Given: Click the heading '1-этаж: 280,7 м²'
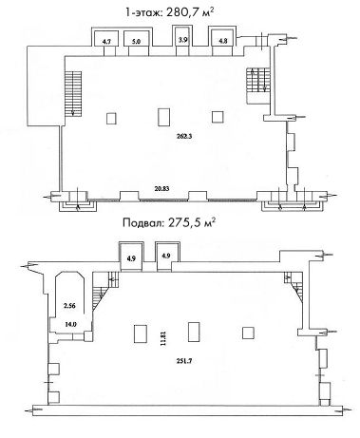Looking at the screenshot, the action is (x=170, y=12).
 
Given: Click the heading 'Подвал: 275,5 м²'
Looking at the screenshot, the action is (x=169, y=222).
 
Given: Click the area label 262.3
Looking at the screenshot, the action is (x=184, y=137).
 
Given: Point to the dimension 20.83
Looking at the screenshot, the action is (x=161, y=188).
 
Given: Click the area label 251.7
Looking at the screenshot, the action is (x=184, y=361).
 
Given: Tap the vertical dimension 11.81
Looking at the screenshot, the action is (x=163, y=338).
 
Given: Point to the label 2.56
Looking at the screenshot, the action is (x=69, y=306).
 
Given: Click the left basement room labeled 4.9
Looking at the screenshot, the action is (x=131, y=257).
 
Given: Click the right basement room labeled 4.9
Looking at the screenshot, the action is (x=166, y=256).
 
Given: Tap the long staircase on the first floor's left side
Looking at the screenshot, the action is (x=73, y=94).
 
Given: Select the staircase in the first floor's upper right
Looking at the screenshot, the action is (x=258, y=81).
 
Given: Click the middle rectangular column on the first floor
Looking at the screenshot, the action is (x=163, y=117).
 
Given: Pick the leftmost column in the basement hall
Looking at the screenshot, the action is (x=141, y=333).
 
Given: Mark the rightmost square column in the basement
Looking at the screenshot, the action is (x=248, y=333).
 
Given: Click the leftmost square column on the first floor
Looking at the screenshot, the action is (x=111, y=119).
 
